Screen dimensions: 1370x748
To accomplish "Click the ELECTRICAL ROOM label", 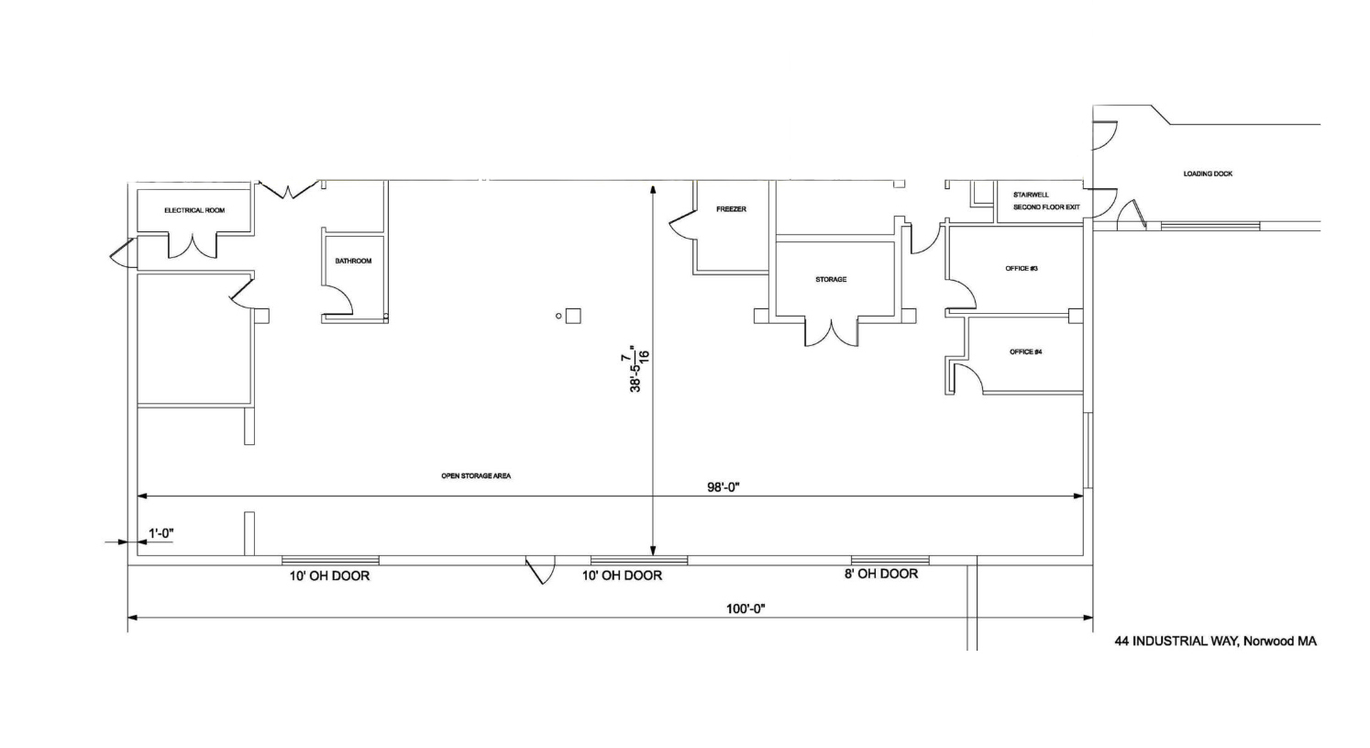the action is tap(194, 210).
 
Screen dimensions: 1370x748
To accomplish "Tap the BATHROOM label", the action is tap(353, 262).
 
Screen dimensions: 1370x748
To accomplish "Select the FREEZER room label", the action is tap(731, 209).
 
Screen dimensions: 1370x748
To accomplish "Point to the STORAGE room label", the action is tap(831, 280).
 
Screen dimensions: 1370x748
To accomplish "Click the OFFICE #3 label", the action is tap(1022, 269).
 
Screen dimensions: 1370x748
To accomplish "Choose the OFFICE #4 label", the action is tap(1025, 352).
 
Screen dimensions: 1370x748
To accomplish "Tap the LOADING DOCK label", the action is tap(1208, 173).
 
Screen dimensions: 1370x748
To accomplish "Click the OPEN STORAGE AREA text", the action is tap(476, 476).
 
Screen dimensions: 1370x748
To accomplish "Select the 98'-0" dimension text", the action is tap(724, 487).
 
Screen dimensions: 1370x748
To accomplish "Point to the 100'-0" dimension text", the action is tap(746, 608).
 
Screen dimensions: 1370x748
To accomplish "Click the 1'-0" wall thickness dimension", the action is tap(160, 533).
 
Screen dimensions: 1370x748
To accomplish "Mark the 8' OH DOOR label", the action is tap(881, 575).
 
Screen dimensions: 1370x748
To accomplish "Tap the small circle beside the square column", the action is tap(558, 316).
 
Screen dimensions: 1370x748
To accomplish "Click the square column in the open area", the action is tap(573, 316).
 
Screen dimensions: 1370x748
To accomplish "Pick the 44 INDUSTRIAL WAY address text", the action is tap(1215, 642).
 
